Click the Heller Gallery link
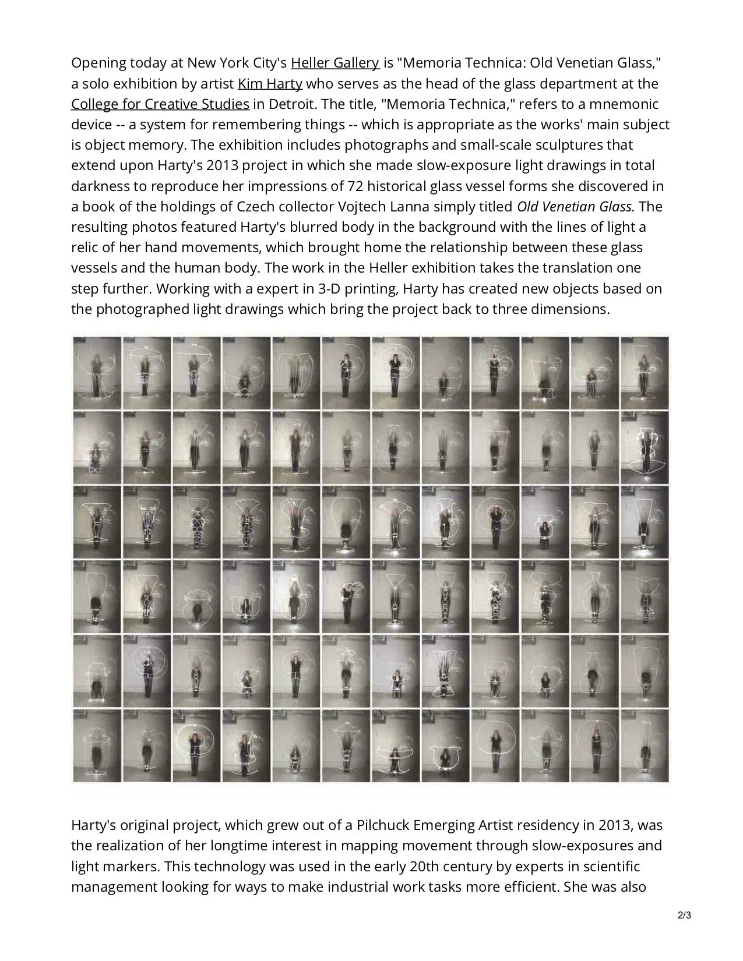tap(335, 63)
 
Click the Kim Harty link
tap(270, 84)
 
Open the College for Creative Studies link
tap(160, 104)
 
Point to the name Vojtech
tap(363, 207)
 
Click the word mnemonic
tap(625, 104)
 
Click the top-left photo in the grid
tap(97, 373)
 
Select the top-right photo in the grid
tap(645, 373)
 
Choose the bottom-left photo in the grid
tap(97, 746)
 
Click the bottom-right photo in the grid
tap(645, 746)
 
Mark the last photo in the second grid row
tap(645, 448)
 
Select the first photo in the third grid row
tap(97, 522)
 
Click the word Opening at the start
tap(97, 63)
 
